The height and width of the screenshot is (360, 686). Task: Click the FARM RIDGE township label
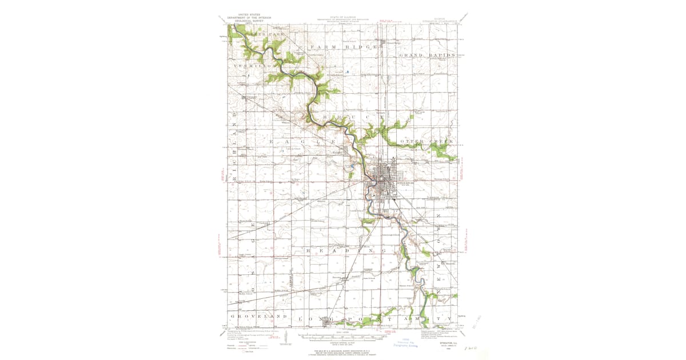(344, 46)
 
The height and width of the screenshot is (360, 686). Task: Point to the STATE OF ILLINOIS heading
(343, 17)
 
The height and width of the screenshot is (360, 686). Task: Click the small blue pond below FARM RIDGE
(346, 71)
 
